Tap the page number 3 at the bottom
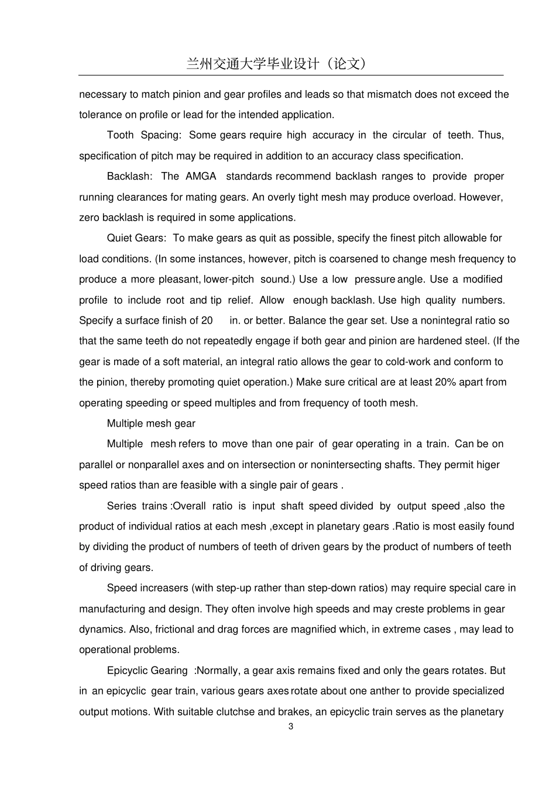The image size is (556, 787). [291, 726]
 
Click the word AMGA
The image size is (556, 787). [201, 176]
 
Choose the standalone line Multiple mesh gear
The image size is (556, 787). [151, 424]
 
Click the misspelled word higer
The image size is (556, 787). [488, 465]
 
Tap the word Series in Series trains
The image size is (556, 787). [122, 506]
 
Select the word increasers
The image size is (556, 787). [162, 588]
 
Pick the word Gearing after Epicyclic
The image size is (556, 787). [169, 671]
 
